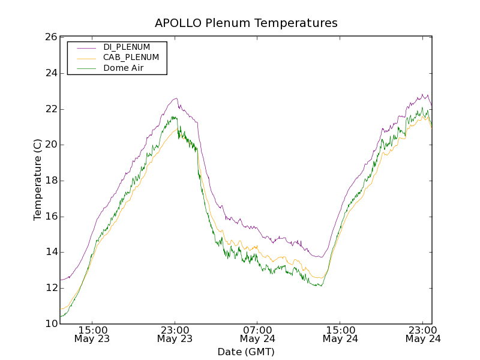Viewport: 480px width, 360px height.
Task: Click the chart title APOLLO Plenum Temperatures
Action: [246, 23]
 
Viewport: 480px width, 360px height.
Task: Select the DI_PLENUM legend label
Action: [127, 47]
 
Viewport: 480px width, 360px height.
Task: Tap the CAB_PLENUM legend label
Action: [131, 58]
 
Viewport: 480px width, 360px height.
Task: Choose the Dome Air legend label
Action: [123, 68]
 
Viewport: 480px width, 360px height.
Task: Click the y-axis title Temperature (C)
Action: [38, 180]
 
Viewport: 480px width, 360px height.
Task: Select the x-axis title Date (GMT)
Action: [246, 352]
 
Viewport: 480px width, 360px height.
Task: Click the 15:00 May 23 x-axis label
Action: [92, 334]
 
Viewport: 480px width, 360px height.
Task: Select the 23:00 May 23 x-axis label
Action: [175, 334]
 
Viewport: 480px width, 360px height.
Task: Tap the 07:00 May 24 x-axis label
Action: [257, 334]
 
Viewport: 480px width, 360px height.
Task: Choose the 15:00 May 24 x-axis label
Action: [340, 334]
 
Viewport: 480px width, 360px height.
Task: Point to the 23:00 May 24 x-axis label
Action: [423, 334]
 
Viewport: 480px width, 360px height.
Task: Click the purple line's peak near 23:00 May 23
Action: [176, 98]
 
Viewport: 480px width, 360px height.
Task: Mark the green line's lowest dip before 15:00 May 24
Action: [321, 286]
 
